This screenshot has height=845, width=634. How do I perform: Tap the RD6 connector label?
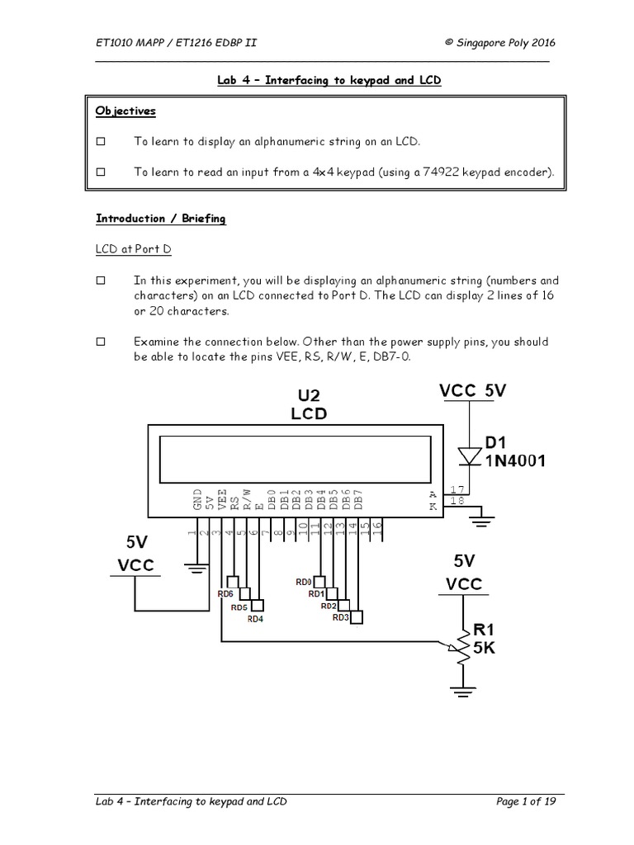click(x=225, y=593)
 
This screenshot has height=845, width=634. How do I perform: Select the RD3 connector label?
click(x=341, y=617)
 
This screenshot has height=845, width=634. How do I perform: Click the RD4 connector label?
click(x=256, y=618)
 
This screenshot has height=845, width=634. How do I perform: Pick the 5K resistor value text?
click(x=487, y=649)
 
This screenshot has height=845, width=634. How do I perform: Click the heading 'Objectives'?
click(x=125, y=111)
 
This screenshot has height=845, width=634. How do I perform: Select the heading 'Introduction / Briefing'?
click(x=160, y=219)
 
